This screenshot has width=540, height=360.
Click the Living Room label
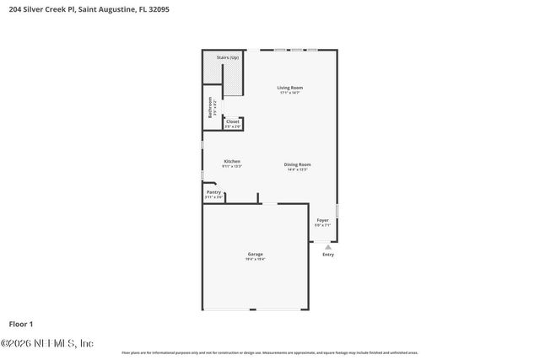290,88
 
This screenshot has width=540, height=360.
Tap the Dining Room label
298,164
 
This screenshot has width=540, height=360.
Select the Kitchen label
232,161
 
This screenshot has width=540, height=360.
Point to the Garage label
255,254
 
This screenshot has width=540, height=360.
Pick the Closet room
233,123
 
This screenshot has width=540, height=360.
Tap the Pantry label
213,192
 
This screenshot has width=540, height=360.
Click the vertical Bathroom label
211,107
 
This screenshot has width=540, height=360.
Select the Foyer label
322,220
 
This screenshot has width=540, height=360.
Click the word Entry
327,254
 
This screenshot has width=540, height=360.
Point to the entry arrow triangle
327,246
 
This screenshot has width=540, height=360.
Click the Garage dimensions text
255,260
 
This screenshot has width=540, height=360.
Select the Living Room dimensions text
290,93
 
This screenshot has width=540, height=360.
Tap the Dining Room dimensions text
298,169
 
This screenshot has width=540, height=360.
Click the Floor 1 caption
21,323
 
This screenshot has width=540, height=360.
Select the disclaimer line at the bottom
269,352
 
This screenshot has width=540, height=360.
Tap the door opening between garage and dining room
268,203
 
